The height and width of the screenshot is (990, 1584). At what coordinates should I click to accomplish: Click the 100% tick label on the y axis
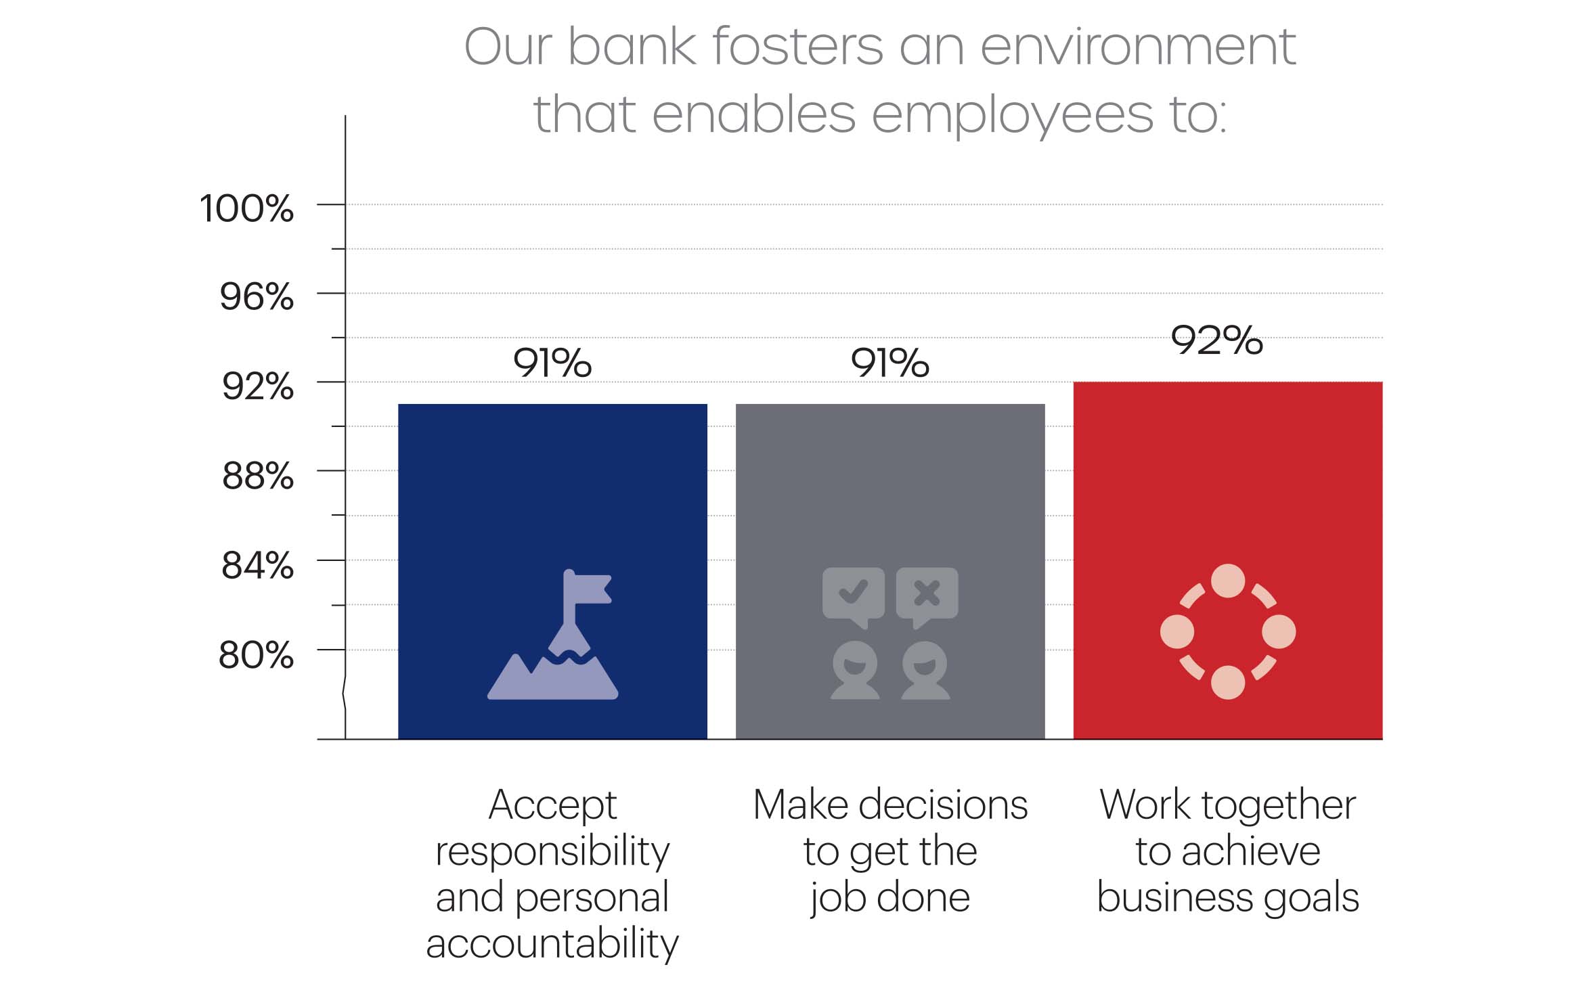[x=246, y=208]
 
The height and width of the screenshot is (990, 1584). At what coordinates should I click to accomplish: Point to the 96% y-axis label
[x=257, y=297]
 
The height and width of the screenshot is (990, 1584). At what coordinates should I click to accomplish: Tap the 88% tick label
[x=258, y=476]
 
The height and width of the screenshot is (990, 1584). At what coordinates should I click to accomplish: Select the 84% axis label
[x=257, y=565]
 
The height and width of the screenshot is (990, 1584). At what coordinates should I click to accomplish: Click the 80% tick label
[x=256, y=655]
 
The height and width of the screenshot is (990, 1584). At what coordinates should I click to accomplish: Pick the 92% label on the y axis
[x=258, y=386]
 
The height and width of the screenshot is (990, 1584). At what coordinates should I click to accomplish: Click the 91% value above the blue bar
[x=552, y=363]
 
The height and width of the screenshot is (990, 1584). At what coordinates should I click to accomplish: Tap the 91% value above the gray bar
[x=890, y=363]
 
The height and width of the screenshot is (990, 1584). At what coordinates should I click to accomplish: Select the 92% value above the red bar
[x=1217, y=340]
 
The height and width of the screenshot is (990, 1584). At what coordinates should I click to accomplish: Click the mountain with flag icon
[x=553, y=634]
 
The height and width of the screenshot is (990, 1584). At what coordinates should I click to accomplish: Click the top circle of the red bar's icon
[x=1228, y=581]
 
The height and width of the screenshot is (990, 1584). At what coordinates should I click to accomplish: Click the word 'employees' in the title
[x=1012, y=114]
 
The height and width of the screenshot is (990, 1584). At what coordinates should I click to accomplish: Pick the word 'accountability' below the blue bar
[x=552, y=943]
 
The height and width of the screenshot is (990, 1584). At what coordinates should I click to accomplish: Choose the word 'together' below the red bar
[x=1279, y=806]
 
